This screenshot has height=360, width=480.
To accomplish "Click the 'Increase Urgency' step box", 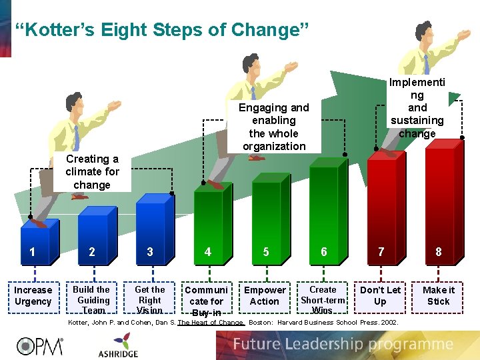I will [33, 296].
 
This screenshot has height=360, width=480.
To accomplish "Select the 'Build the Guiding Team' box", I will [91, 299].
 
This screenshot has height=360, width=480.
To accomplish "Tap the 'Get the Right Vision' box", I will [149, 299].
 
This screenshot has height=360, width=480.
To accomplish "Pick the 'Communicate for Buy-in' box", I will [206, 301].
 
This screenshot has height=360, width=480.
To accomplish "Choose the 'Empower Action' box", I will [265, 296].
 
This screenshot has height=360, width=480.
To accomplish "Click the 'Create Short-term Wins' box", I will [323, 300].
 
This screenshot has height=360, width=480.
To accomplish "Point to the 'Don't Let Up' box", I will [380, 296].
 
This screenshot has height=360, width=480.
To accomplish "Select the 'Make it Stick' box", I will [438, 296].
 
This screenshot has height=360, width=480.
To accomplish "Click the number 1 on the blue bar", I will [31, 252].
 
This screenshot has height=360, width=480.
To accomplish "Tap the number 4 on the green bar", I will [208, 252].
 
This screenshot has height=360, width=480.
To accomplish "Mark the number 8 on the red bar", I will [438, 252].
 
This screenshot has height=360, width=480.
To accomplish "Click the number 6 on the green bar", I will [324, 252].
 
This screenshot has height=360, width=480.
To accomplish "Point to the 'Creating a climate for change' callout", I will [92, 172].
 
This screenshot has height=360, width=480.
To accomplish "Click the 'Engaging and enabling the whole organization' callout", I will [274, 127].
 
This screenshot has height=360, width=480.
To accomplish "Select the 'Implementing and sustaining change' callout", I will [417, 107].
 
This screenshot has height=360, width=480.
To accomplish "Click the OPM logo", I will [40, 345].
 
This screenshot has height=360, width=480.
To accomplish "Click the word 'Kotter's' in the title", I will [73, 30].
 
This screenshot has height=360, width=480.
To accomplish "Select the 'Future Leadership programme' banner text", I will [343, 345].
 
